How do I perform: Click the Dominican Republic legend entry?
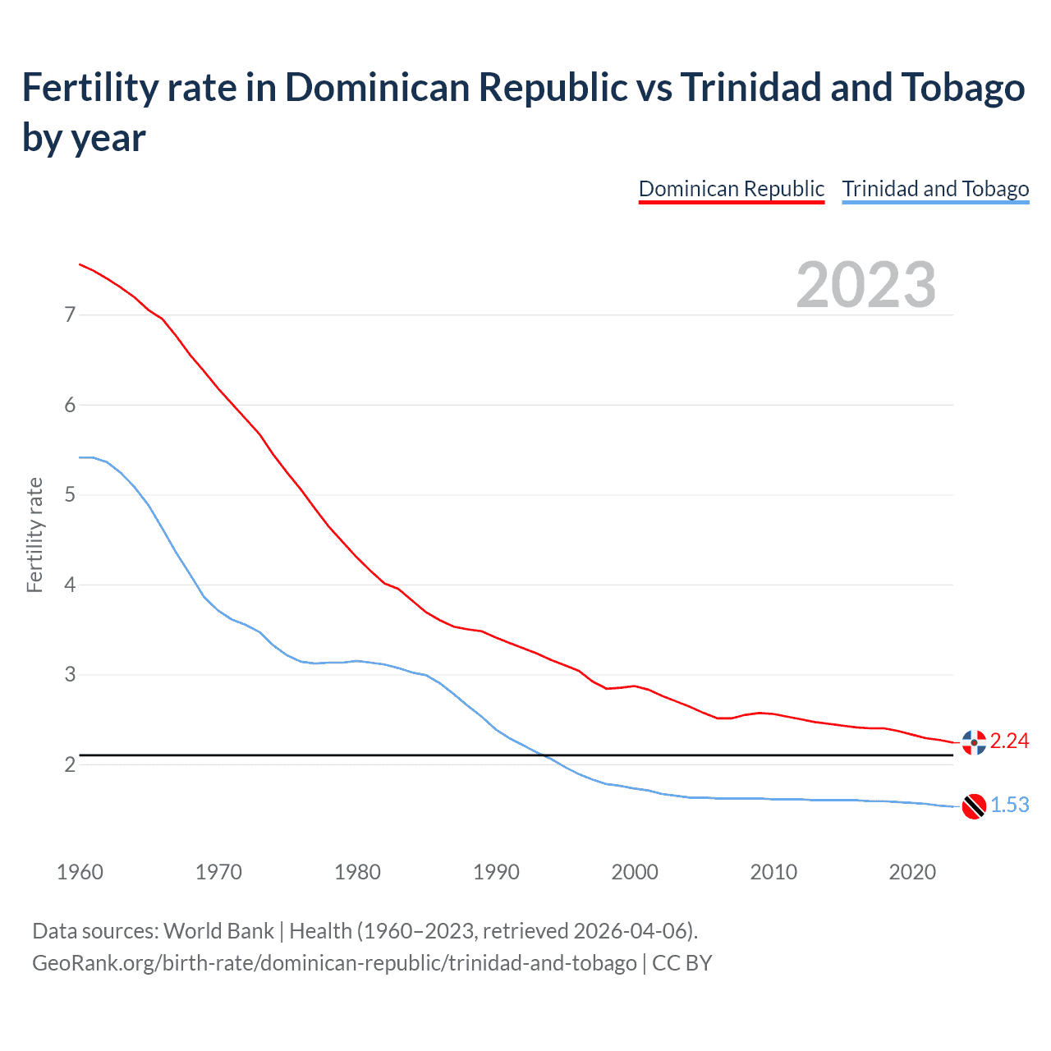(731, 189)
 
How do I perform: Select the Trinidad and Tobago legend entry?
(935, 189)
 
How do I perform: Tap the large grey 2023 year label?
(866, 285)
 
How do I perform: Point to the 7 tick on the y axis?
(70, 314)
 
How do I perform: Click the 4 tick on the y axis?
(70, 585)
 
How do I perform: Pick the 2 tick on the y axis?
(70, 764)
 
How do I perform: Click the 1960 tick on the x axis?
(80, 872)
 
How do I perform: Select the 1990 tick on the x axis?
(496, 872)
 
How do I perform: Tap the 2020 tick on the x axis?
(912, 872)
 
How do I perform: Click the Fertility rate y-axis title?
(34, 535)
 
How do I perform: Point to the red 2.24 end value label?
(1009, 741)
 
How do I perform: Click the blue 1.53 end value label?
(1009, 805)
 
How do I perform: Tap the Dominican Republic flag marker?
(974, 742)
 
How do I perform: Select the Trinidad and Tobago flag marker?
(974, 806)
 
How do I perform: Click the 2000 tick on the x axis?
(635, 872)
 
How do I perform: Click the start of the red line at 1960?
(80, 264)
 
